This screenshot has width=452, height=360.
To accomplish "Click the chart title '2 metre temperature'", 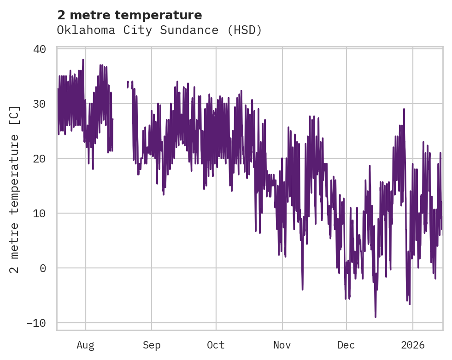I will coord(129,15).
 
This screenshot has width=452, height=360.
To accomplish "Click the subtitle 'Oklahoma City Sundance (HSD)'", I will coord(159,30).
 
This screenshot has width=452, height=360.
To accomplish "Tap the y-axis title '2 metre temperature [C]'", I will coord(15,189).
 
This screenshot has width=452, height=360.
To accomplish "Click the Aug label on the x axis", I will coord(86,345).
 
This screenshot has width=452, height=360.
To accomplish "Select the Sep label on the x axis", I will coord(151,345).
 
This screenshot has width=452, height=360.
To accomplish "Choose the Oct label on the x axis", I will coord(216,345).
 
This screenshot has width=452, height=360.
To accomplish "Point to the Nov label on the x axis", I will coord(282,345).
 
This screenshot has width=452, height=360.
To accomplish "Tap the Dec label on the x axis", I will coord(346,345).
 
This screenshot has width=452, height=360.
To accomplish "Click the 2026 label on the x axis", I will coord(413,345).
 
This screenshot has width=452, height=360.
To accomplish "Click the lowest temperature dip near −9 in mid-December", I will coord(376,317).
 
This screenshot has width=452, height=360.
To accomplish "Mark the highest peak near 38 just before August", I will coord(83,60).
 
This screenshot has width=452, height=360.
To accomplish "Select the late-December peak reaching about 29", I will coord(404,110).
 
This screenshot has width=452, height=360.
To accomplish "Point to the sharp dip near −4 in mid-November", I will coord(303,289).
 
